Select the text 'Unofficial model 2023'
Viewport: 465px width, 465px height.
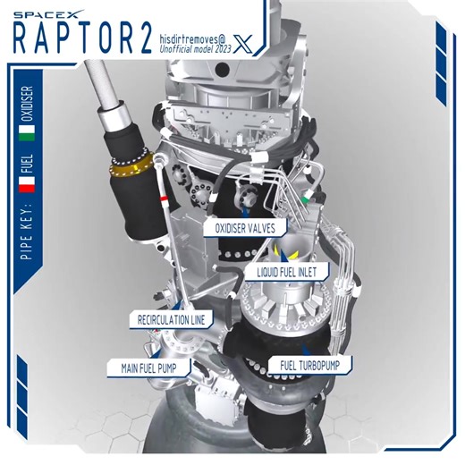(197, 53)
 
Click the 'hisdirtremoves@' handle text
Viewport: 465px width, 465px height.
(199, 39)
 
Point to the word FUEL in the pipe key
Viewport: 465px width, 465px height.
(27, 164)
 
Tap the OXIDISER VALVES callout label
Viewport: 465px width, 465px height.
(245, 228)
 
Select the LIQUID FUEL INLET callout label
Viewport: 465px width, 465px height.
(288, 270)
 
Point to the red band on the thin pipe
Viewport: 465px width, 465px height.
(165, 196)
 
